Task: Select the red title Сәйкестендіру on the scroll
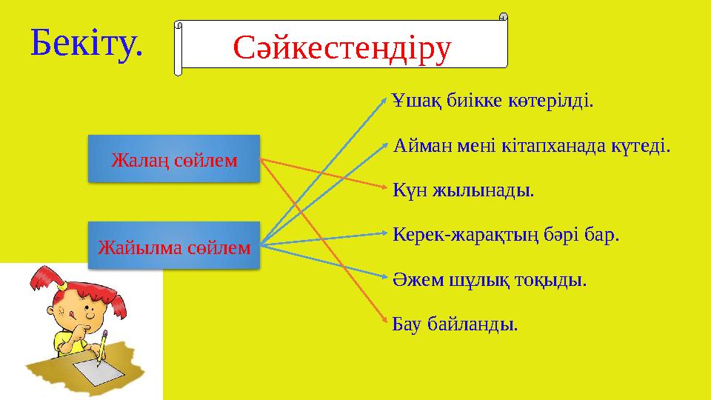point(342,47)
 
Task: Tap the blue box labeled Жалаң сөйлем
point(174,159)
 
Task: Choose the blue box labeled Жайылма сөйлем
point(174,245)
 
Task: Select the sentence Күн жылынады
point(463,191)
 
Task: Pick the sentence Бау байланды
point(455,325)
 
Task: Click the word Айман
point(421,146)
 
